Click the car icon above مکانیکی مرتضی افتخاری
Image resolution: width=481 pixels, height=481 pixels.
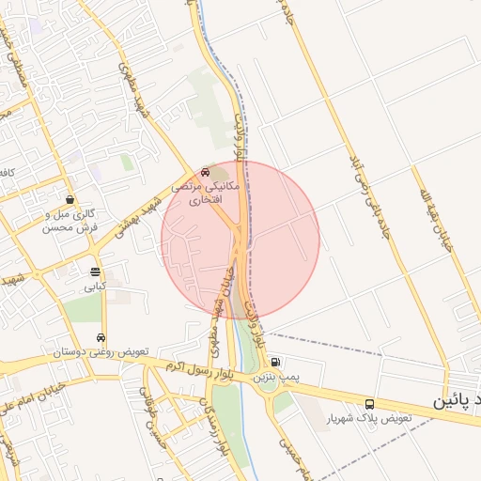pos(205,173)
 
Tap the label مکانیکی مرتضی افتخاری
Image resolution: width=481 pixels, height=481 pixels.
pos(204,194)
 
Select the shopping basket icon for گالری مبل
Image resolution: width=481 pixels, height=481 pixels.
pos(70,199)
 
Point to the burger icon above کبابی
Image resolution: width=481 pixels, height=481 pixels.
pos(95,272)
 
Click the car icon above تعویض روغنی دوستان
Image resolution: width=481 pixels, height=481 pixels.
pos(101,338)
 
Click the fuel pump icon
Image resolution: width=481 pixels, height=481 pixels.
pos(274,363)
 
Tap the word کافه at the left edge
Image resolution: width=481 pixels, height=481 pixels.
pos(8,174)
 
